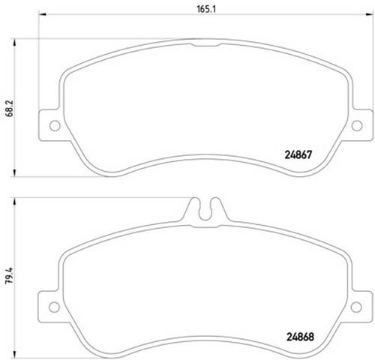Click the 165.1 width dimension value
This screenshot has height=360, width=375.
click(x=206, y=9)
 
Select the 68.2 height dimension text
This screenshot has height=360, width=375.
click(x=10, y=109)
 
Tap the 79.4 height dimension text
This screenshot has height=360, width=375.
click(x=10, y=275)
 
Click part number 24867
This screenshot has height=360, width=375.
click(x=298, y=154)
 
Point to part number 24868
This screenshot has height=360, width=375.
click(x=300, y=337)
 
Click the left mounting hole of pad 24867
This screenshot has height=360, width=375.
click(x=55, y=125)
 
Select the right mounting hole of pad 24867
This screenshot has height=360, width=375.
click(x=357, y=125)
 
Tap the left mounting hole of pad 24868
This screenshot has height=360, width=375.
click(x=54, y=307)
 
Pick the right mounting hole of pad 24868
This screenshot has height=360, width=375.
click(x=356, y=307)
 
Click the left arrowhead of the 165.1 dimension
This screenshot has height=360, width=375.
click(x=42, y=14)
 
